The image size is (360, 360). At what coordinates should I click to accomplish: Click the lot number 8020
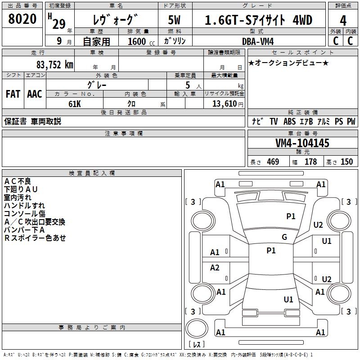pos(22,19)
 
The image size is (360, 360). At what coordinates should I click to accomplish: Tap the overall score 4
pos(343,21)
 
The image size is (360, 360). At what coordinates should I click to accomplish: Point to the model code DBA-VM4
pos(257,41)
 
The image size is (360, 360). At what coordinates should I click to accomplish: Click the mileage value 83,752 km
pos(54,65)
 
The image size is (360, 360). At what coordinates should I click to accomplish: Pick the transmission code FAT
pos(13,94)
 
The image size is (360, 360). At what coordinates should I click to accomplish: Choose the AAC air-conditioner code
pos(35,94)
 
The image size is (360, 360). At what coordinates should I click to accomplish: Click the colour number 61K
pos(74,103)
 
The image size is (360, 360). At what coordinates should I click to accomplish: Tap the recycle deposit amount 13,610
pos(224,103)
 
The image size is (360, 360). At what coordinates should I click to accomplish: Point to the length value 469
pos(273,162)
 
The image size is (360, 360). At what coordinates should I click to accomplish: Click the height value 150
pos(346,162)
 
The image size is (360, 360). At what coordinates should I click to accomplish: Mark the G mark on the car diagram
pos(284,237)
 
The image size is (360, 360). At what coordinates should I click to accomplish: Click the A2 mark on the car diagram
pos(215,268)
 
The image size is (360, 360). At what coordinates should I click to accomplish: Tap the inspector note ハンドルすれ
pos(24,205)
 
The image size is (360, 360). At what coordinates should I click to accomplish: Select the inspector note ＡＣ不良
pos(18,181)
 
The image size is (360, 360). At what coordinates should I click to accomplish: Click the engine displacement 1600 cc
pos(137,41)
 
